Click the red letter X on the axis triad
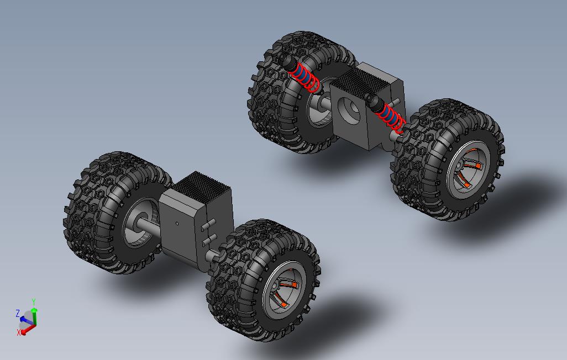coord(19,332)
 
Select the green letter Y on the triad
coord(34,302)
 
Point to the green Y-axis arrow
coord(34,315)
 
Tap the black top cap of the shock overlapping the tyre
coord(287,61)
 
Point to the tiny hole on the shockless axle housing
coord(176,224)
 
